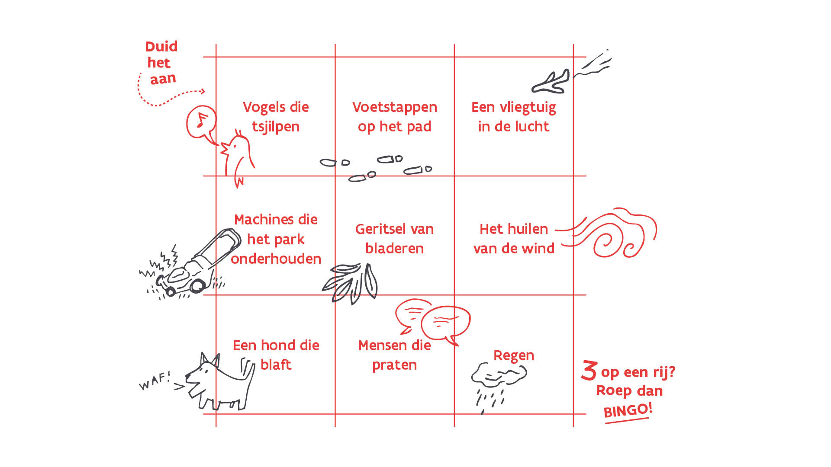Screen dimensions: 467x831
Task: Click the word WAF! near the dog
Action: point(155,381)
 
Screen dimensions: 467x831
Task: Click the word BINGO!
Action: point(628,410)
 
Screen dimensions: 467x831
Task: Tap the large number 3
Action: point(589,371)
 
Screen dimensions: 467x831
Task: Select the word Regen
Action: point(513,355)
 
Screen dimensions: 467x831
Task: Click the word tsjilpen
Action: point(276,127)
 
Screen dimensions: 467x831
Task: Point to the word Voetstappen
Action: point(394,107)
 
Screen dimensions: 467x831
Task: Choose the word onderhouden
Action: point(276,259)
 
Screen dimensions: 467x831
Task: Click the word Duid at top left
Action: point(161,46)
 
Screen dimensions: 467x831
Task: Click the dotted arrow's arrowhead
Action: point(203,91)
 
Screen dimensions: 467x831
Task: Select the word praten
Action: point(394,365)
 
